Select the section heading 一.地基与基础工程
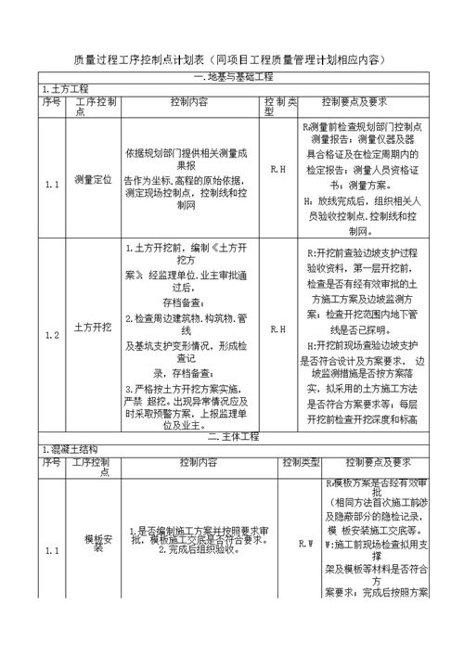(x=232, y=76)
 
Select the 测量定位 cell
(x=93, y=176)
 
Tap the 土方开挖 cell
(x=93, y=328)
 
